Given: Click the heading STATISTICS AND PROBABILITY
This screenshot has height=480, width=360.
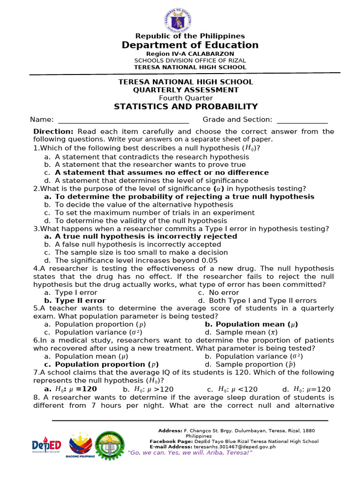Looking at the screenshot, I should pos(186,107).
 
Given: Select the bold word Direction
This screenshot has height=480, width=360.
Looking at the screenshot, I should pos(53,132).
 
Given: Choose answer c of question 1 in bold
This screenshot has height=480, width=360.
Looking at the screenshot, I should pos(161,172).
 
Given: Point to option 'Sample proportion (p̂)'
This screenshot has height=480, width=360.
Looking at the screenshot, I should pos(251,364).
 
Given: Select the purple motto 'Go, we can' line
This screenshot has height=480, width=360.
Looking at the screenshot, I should pos(190,453).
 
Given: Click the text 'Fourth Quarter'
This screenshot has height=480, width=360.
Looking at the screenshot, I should pos(186,98).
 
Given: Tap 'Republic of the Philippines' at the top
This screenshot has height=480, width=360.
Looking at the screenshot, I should pos(190,36).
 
